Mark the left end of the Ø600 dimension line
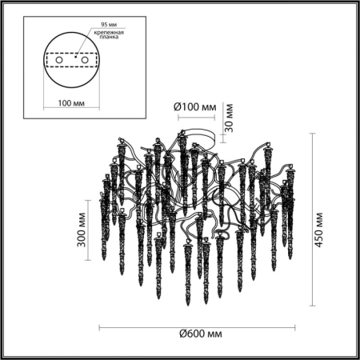(x=98, y=326)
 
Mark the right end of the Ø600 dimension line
(x=295, y=326)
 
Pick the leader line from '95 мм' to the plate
(x=84, y=32)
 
